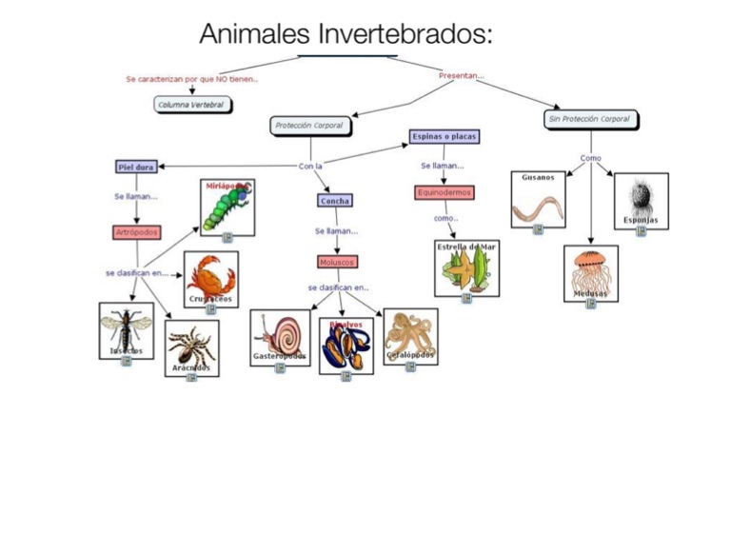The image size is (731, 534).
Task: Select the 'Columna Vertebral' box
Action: [x=193, y=105]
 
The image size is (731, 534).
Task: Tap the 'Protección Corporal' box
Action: [x=308, y=125]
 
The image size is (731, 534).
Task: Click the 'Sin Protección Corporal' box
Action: [x=590, y=119]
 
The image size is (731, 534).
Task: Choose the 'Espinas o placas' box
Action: [x=445, y=137]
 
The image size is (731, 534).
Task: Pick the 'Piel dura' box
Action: [x=136, y=167]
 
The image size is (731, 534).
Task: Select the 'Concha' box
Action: [x=334, y=201]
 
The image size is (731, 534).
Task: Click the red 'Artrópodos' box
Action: [x=137, y=231]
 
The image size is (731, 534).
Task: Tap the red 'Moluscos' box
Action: [x=338, y=261]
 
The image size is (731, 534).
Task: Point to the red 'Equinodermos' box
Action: [x=445, y=192]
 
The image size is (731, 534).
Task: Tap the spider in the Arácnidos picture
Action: [x=191, y=345]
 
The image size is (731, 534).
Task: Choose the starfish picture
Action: [x=466, y=270]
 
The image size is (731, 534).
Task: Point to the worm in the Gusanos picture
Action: [x=538, y=207]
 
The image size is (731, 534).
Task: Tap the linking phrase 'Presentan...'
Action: [x=462, y=75]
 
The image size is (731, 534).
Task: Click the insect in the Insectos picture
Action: [x=125, y=328]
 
